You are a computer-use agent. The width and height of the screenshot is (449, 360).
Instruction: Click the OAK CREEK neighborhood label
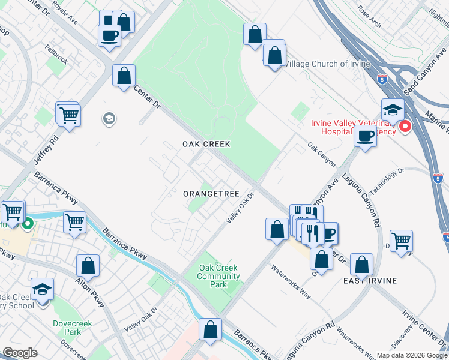click(206, 144)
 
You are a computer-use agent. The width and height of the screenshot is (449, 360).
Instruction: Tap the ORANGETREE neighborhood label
click(211, 194)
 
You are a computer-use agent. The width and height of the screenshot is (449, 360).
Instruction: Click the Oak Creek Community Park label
click(219, 277)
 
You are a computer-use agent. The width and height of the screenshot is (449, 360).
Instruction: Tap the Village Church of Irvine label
click(327, 64)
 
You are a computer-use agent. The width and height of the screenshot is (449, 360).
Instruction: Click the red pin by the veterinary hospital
click(405, 127)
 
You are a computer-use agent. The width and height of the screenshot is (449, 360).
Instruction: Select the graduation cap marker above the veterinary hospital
click(393, 110)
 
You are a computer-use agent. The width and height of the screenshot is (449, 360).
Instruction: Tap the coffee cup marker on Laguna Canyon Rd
click(365, 136)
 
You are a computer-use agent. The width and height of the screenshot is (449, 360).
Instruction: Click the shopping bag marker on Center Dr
click(124, 76)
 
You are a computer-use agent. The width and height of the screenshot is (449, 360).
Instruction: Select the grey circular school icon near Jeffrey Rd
click(109, 118)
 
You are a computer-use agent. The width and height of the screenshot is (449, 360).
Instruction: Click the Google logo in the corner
click(20, 353)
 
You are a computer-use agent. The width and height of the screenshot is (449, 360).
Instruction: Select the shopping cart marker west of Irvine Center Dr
click(400, 241)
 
